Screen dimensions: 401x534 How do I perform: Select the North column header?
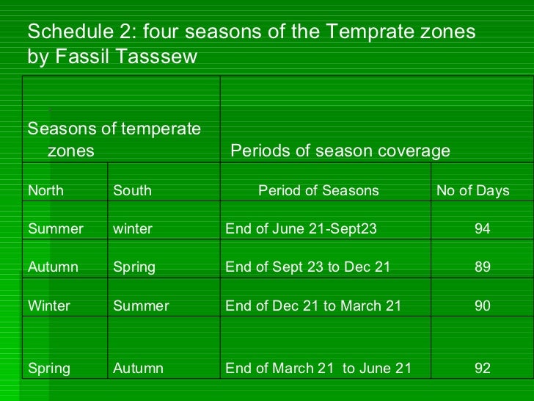[x=45, y=191]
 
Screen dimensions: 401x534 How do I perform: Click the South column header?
[x=132, y=191]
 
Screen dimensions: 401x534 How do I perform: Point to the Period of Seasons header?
[x=318, y=191]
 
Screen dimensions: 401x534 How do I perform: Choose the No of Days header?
[x=472, y=191]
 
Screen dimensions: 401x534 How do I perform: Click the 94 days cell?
[x=482, y=229]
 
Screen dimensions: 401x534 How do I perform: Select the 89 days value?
[x=482, y=267]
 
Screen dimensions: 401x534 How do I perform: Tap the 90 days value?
[x=482, y=306]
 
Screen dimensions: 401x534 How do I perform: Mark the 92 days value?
[x=482, y=369]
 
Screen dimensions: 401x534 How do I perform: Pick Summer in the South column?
[x=141, y=306]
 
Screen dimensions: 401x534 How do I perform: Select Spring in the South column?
[x=134, y=267]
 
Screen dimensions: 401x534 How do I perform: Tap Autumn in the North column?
[x=53, y=267]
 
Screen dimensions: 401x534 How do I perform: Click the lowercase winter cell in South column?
[x=133, y=229]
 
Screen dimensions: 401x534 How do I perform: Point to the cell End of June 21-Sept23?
[x=301, y=229]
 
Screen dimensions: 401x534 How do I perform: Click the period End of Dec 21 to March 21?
[x=313, y=306]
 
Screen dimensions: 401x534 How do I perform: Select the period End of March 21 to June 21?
[x=318, y=369]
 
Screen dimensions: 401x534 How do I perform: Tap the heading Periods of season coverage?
[x=340, y=151]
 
